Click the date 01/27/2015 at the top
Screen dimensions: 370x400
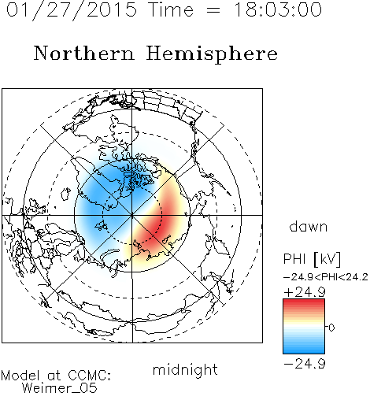click(x=72, y=10)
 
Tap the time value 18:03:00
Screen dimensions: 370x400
click(x=278, y=9)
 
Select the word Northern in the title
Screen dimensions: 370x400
click(x=84, y=53)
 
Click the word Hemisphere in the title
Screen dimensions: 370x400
click(x=212, y=54)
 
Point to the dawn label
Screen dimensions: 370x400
click(x=309, y=227)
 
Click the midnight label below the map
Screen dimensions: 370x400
click(x=185, y=369)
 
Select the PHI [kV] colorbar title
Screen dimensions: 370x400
click(x=312, y=259)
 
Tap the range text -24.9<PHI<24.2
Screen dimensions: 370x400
click(x=326, y=277)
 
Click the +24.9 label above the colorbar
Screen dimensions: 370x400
click(x=305, y=292)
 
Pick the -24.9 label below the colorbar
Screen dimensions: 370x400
click(x=305, y=364)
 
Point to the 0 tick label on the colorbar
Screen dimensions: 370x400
click(x=331, y=328)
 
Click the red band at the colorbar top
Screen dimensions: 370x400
click(x=304, y=303)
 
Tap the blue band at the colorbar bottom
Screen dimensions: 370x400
click(x=304, y=350)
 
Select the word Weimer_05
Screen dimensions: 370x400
click(x=60, y=388)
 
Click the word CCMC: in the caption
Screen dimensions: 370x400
click(x=90, y=376)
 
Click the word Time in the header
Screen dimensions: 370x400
click(x=171, y=10)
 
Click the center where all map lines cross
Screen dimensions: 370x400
click(x=132, y=215)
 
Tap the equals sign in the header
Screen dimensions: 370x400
click(x=213, y=11)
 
